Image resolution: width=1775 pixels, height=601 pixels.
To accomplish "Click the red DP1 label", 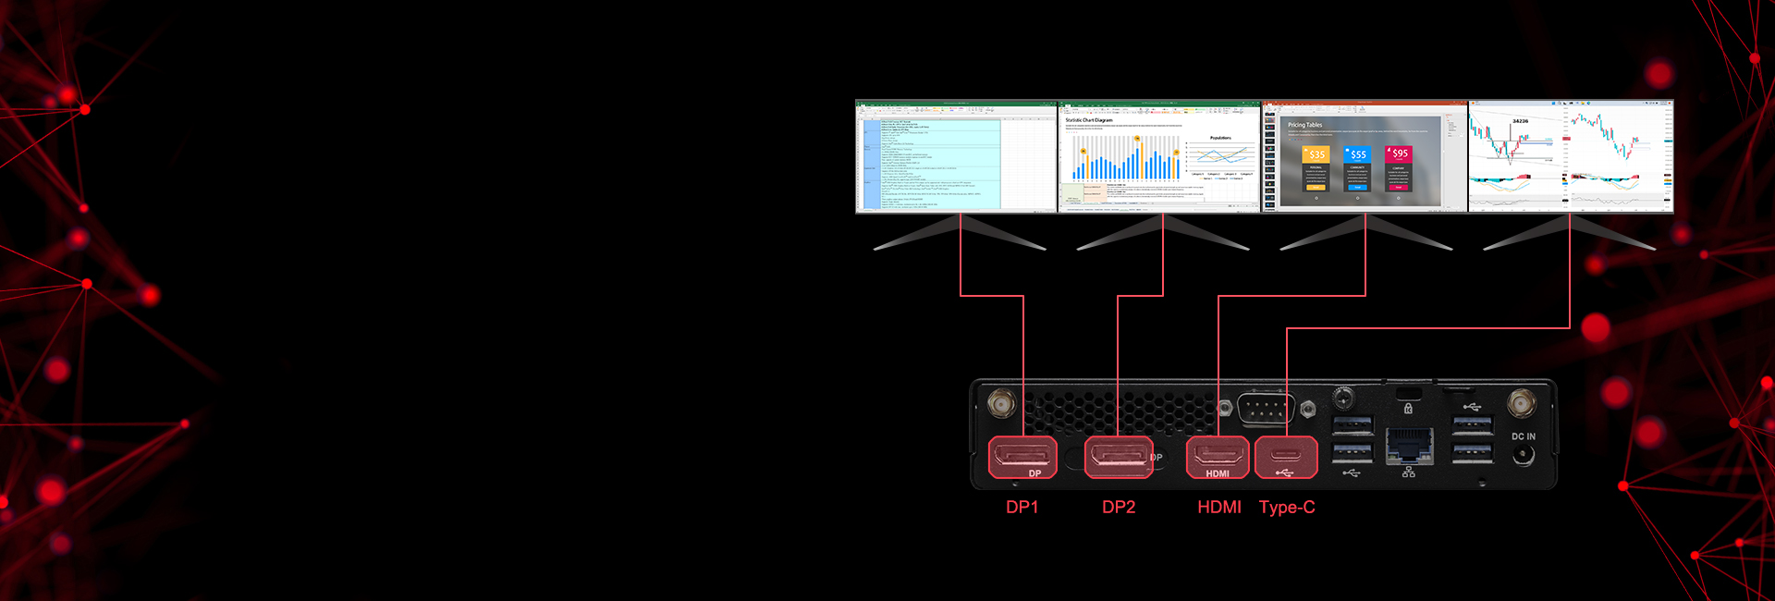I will pos(1022,507).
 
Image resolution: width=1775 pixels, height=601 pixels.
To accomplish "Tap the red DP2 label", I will pos(1119,507).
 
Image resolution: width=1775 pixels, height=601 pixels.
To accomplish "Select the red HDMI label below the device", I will pos(1218,507).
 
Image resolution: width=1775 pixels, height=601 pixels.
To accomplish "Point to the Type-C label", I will pos(1286,507).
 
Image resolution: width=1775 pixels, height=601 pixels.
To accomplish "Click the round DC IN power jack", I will pos(1523,455).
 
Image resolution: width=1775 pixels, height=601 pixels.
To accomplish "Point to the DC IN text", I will pos(1523,436).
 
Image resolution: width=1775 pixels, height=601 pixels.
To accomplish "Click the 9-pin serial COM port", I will pos(1265,409).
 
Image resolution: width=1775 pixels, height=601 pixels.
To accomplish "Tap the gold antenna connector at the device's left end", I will pos(1000,404).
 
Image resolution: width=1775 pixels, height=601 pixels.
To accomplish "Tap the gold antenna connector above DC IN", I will pos(1521,403).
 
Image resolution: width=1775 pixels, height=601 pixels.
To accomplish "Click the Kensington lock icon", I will pos(1408,408).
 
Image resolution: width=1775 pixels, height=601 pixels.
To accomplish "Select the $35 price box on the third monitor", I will pos(1316,154).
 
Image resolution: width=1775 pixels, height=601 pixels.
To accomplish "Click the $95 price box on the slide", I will pos(1399,153).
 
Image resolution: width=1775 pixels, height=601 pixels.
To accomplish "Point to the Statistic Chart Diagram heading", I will pos(1089,120).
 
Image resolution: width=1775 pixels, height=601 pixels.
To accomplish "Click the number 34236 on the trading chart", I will pos(1520,121).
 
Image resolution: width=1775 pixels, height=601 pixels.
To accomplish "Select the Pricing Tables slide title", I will pos(1304,125).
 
